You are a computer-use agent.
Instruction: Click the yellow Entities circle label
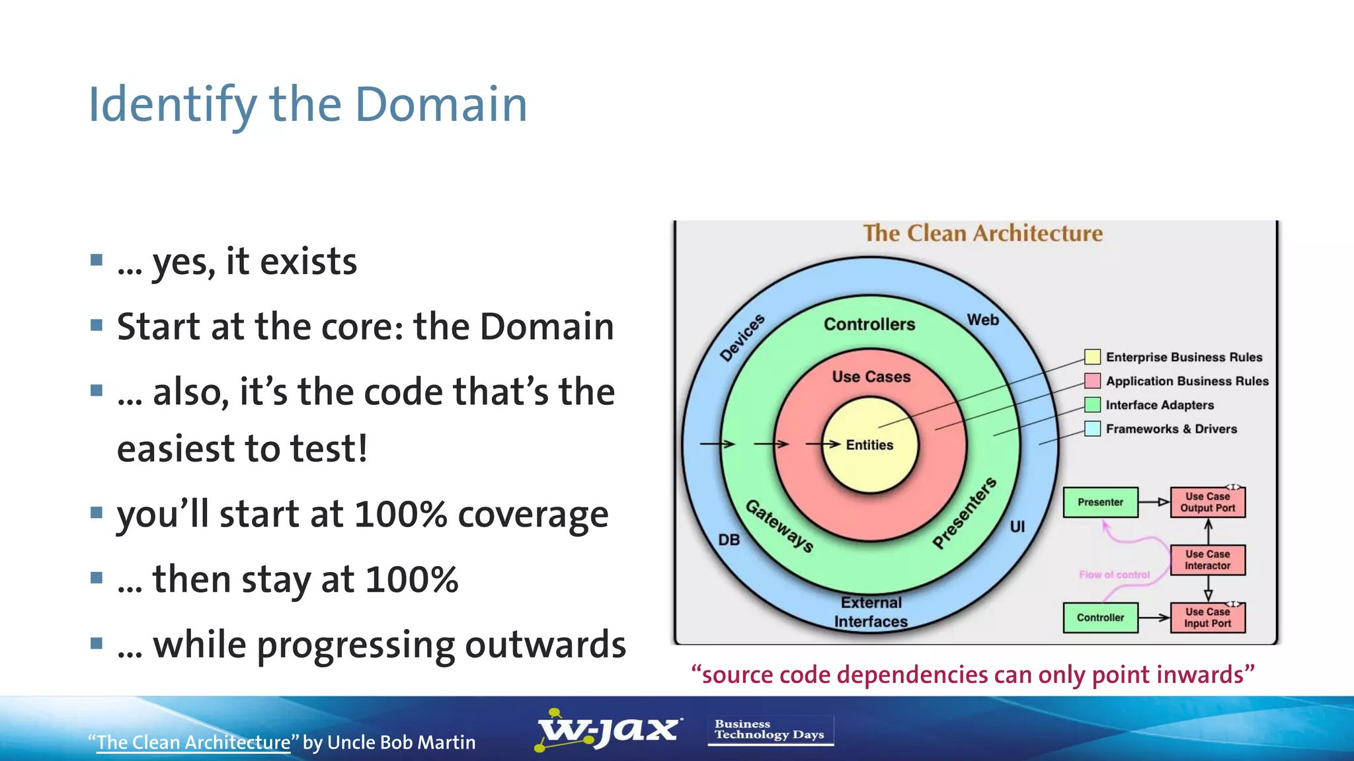(869, 445)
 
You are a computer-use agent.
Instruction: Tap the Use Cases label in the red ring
(871, 377)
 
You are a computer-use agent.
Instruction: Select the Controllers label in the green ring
(869, 324)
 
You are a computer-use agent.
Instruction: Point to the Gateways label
(779, 526)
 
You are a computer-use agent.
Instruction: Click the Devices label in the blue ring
(742, 338)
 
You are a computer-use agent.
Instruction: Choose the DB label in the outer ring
(729, 540)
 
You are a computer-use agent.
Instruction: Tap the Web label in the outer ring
(983, 320)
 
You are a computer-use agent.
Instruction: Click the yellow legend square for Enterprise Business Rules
(1092, 357)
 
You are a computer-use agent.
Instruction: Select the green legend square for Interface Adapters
(1092, 405)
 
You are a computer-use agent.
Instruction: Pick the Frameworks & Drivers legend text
(1171, 429)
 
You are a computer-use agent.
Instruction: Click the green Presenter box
(1100, 502)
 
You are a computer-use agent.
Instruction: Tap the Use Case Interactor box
(1207, 560)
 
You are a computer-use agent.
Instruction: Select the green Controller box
(1100, 618)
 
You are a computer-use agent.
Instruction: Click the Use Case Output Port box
(1207, 502)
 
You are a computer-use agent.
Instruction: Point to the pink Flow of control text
(1114, 575)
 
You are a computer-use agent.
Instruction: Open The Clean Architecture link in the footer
(193, 743)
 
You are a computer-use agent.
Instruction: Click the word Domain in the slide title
(441, 104)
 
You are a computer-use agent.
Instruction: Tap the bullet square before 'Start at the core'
(97, 325)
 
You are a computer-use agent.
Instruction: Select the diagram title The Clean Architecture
(982, 233)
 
